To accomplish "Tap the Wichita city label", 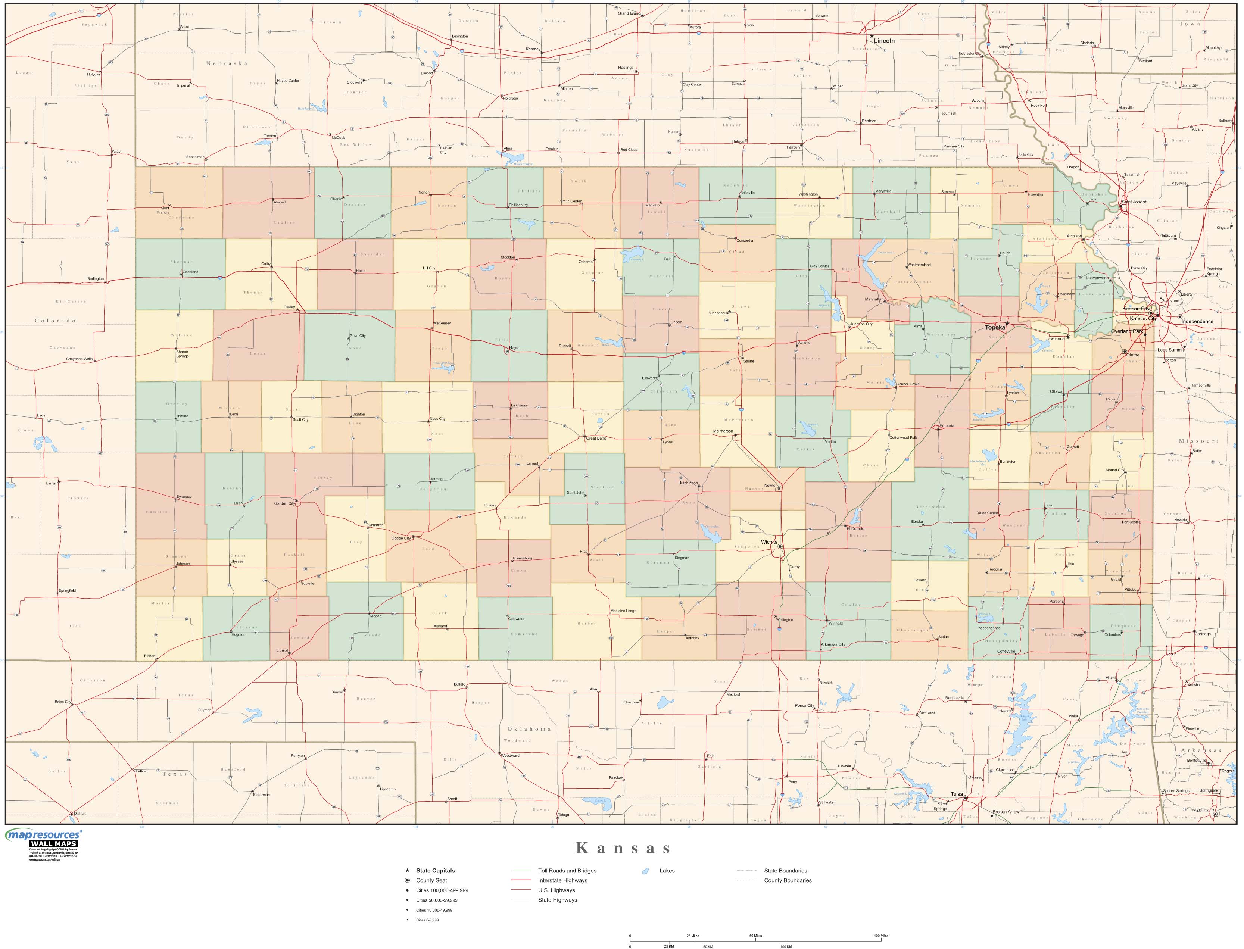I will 769,542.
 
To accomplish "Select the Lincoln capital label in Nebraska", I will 884,41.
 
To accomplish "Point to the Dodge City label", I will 401,539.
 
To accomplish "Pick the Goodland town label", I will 190,272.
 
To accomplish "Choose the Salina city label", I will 749,361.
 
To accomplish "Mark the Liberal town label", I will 282,651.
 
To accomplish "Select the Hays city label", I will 514,348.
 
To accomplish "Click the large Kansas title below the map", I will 623,849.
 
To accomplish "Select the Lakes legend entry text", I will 667,871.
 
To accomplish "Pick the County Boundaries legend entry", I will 788,880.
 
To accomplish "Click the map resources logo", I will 43,834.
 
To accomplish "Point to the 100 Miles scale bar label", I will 881,936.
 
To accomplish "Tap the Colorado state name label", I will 55,320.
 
